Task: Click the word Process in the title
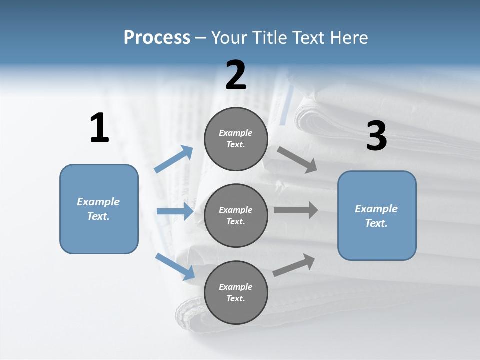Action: pyautogui.click(x=157, y=37)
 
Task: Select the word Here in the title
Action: pyautogui.click(x=348, y=37)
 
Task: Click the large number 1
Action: pyautogui.click(x=99, y=128)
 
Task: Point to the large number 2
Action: pyautogui.click(x=236, y=75)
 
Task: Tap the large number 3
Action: pyautogui.click(x=376, y=136)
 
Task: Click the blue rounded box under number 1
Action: pyautogui.click(x=99, y=209)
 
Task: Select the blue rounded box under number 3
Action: pyautogui.click(x=377, y=216)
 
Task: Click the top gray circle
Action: pyautogui.click(x=236, y=139)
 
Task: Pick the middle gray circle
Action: pyautogui.click(x=236, y=215)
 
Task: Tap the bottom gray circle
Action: pyautogui.click(x=236, y=292)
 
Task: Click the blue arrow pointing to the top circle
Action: pyautogui.click(x=174, y=159)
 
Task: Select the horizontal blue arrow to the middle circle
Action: pyautogui.click(x=175, y=211)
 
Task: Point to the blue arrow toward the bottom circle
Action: pyautogui.click(x=175, y=266)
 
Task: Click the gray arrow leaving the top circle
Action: pyautogui.click(x=297, y=159)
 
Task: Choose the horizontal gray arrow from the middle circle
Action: pyautogui.click(x=296, y=210)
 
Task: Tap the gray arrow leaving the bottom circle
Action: pyautogui.click(x=294, y=265)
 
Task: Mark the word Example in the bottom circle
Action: pyautogui.click(x=235, y=287)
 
